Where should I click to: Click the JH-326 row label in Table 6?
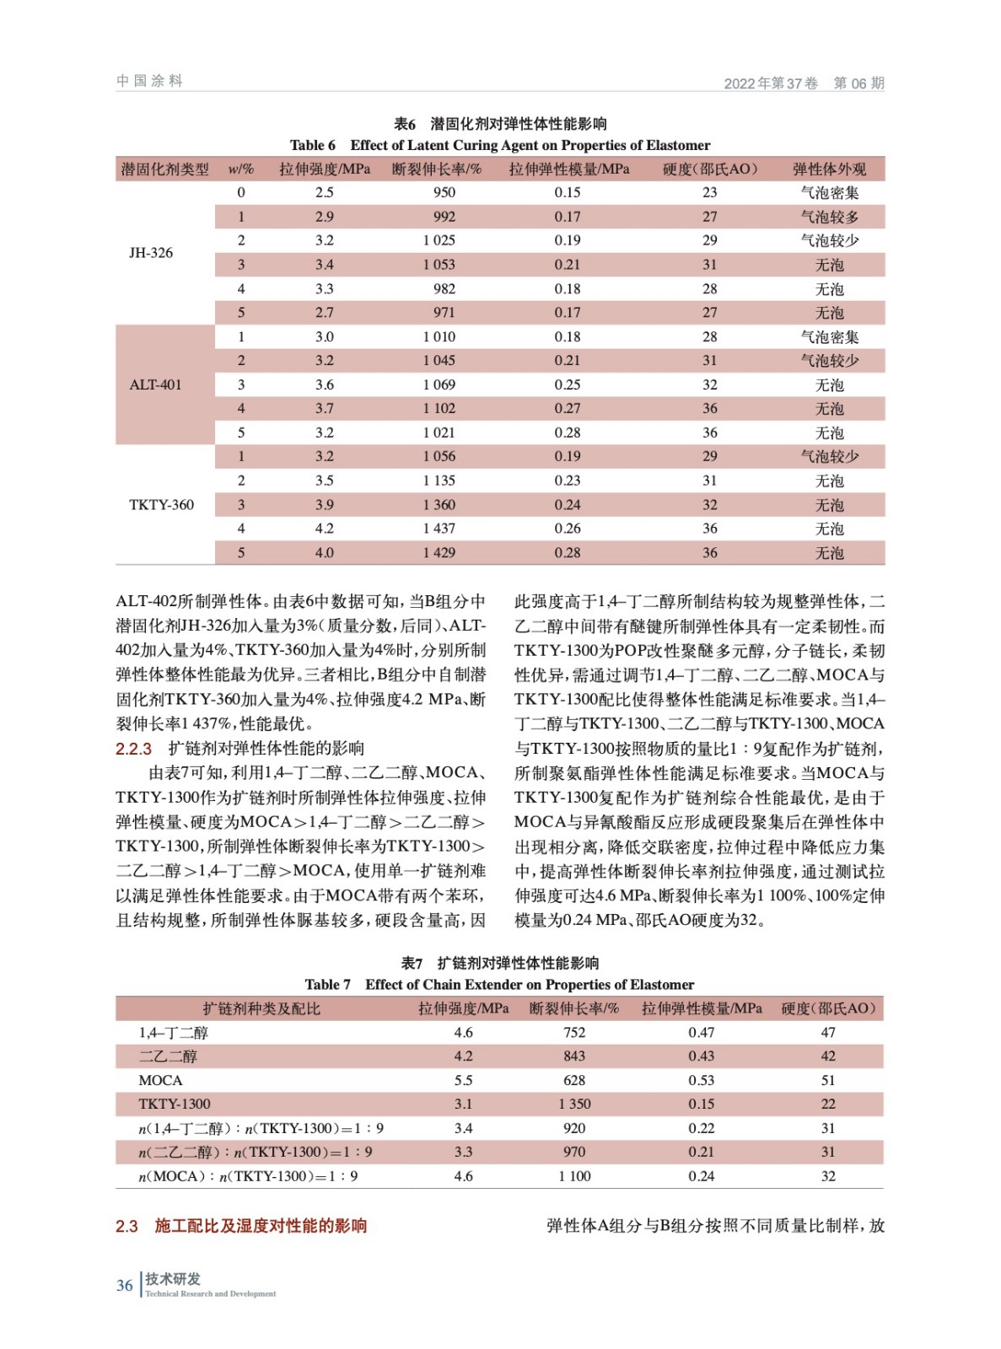click(151, 253)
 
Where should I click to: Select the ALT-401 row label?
click(155, 385)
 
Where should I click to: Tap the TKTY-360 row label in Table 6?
click(161, 505)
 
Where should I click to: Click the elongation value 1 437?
click(439, 529)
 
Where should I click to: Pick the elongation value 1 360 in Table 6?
click(439, 505)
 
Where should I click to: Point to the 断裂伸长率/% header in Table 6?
click(437, 169)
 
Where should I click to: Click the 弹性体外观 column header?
click(829, 169)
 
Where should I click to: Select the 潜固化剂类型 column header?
click(165, 169)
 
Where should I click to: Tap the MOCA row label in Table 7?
click(160, 1081)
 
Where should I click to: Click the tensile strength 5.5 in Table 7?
click(463, 1081)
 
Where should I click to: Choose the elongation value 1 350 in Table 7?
click(574, 1104)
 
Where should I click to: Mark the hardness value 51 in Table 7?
click(828, 1081)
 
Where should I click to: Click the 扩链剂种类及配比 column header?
click(261, 1009)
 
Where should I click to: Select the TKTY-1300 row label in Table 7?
click(175, 1104)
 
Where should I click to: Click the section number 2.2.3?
click(133, 749)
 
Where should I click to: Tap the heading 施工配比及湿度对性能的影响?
click(261, 1226)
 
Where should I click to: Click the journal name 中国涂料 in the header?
click(149, 81)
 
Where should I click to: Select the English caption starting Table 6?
click(500, 145)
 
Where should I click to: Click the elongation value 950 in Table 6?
click(444, 193)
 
